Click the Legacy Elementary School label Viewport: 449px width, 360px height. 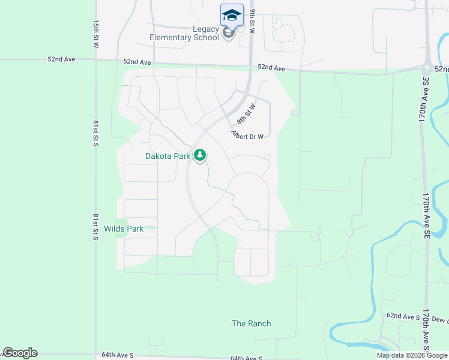[x=184, y=33]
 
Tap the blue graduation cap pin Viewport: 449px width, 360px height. [x=232, y=14]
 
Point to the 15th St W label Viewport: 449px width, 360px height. [x=96, y=34]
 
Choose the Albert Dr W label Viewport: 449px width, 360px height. [x=247, y=136]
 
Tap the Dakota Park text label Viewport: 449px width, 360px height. [x=167, y=156]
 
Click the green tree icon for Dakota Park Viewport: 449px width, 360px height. [x=200, y=156]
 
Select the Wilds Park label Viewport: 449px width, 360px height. [x=124, y=229]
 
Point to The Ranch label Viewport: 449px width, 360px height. [x=251, y=323]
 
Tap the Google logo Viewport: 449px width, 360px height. [x=20, y=353]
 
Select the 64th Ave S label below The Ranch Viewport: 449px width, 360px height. [x=247, y=358]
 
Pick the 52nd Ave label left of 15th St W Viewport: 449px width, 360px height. [x=63, y=59]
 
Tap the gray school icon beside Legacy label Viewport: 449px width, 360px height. [x=228, y=33]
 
